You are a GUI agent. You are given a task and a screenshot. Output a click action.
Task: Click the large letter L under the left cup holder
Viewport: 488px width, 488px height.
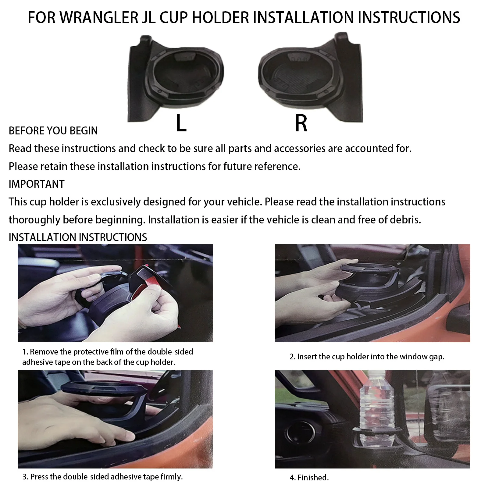point(181,123)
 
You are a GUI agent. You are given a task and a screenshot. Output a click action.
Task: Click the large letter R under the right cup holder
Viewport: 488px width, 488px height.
point(301,123)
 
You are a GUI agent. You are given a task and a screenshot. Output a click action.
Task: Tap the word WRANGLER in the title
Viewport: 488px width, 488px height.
point(98,18)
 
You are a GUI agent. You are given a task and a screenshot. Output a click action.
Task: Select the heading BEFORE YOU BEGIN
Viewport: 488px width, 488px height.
point(53,131)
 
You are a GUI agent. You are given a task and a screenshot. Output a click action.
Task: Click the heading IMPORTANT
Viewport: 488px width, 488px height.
point(37,184)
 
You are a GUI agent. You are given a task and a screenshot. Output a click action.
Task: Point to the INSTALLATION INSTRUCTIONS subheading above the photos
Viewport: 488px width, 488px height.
point(78,237)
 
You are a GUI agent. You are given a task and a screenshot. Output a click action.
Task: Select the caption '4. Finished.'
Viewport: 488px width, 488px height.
point(309,478)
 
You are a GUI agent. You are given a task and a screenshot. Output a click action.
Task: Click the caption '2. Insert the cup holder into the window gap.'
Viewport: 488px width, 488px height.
point(367,357)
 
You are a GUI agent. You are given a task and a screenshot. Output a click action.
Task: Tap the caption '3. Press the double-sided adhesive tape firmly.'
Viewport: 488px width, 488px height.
point(103,477)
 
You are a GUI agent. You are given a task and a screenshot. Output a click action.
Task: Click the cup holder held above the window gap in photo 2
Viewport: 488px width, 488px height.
point(369,280)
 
